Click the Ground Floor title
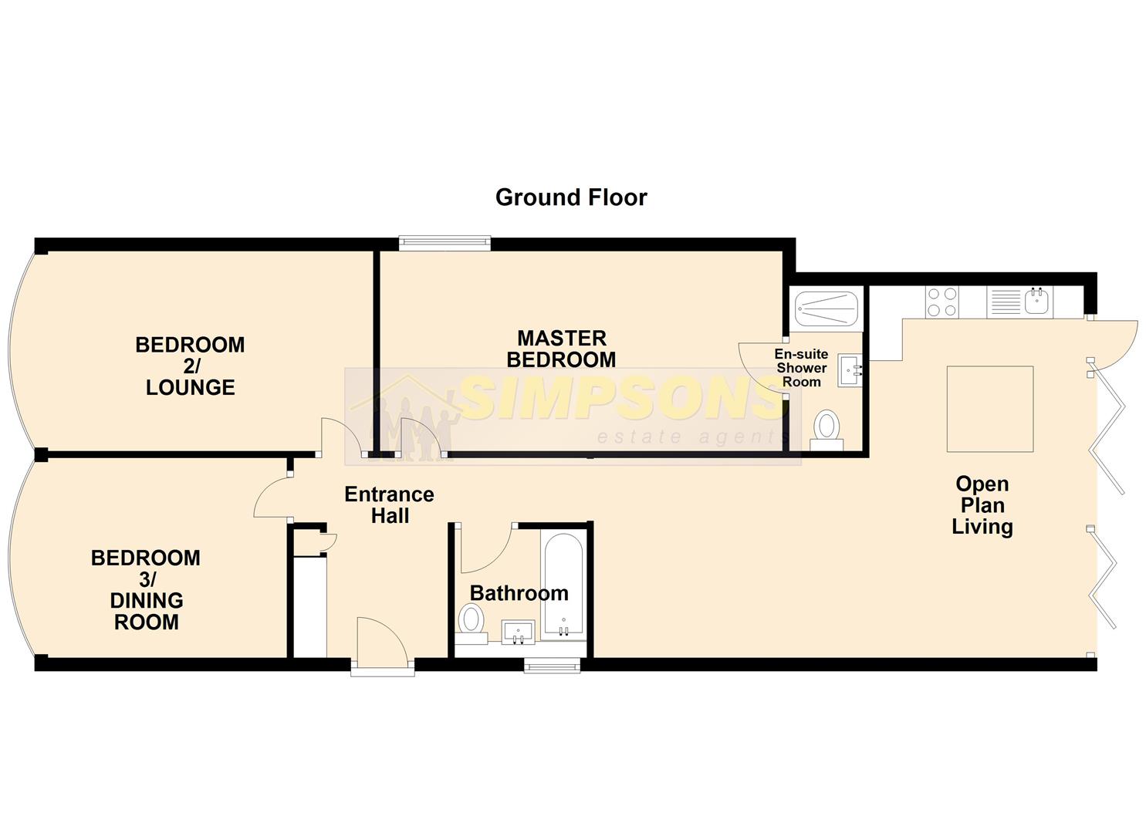[571, 197]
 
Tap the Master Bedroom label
[561, 349]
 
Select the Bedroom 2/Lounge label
[190, 366]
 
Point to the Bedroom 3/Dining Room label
[146, 589]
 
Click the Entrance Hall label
[390, 504]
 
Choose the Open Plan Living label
[982, 505]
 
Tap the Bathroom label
[519, 593]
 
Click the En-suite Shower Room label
[801, 368]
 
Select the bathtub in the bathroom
[563, 585]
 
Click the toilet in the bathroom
[472, 622]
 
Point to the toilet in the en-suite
[827, 430]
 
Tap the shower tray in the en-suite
[826, 309]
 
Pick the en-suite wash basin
[850, 370]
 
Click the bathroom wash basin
[518, 632]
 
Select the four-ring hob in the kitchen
[941, 302]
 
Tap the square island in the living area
[990, 409]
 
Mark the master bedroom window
[445, 243]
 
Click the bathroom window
[552, 666]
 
